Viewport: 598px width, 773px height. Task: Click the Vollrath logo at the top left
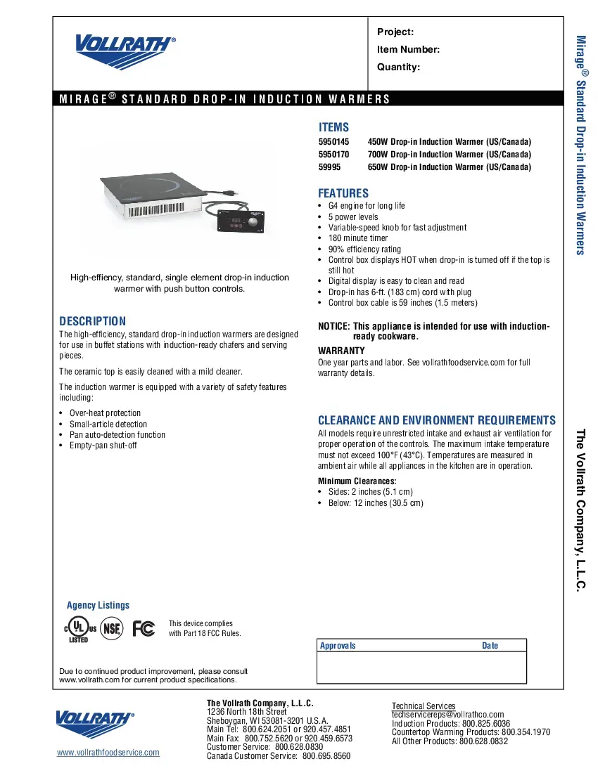click(x=124, y=49)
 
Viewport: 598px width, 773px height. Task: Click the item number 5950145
click(x=333, y=141)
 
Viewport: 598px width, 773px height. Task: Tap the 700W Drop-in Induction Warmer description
click(x=449, y=154)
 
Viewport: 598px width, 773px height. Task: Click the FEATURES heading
click(x=343, y=193)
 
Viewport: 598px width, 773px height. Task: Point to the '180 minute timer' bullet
click(x=358, y=238)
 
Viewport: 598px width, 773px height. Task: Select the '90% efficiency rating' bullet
click(x=364, y=249)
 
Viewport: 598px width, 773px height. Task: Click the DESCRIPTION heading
click(x=92, y=320)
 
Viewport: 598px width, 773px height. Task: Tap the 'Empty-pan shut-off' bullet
click(x=103, y=446)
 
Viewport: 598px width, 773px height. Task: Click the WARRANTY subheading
click(x=341, y=350)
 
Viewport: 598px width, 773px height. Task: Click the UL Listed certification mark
click(x=77, y=630)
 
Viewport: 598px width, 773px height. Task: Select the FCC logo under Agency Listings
click(x=144, y=628)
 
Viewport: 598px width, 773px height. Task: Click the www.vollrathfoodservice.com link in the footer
click(x=108, y=752)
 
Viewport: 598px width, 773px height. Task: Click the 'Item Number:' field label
click(x=408, y=49)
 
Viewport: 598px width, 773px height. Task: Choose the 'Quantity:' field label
click(x=398, y=67)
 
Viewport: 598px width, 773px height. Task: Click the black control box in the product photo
click(x=240, y=224)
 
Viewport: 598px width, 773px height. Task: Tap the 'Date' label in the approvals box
click(x=490, y=646)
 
